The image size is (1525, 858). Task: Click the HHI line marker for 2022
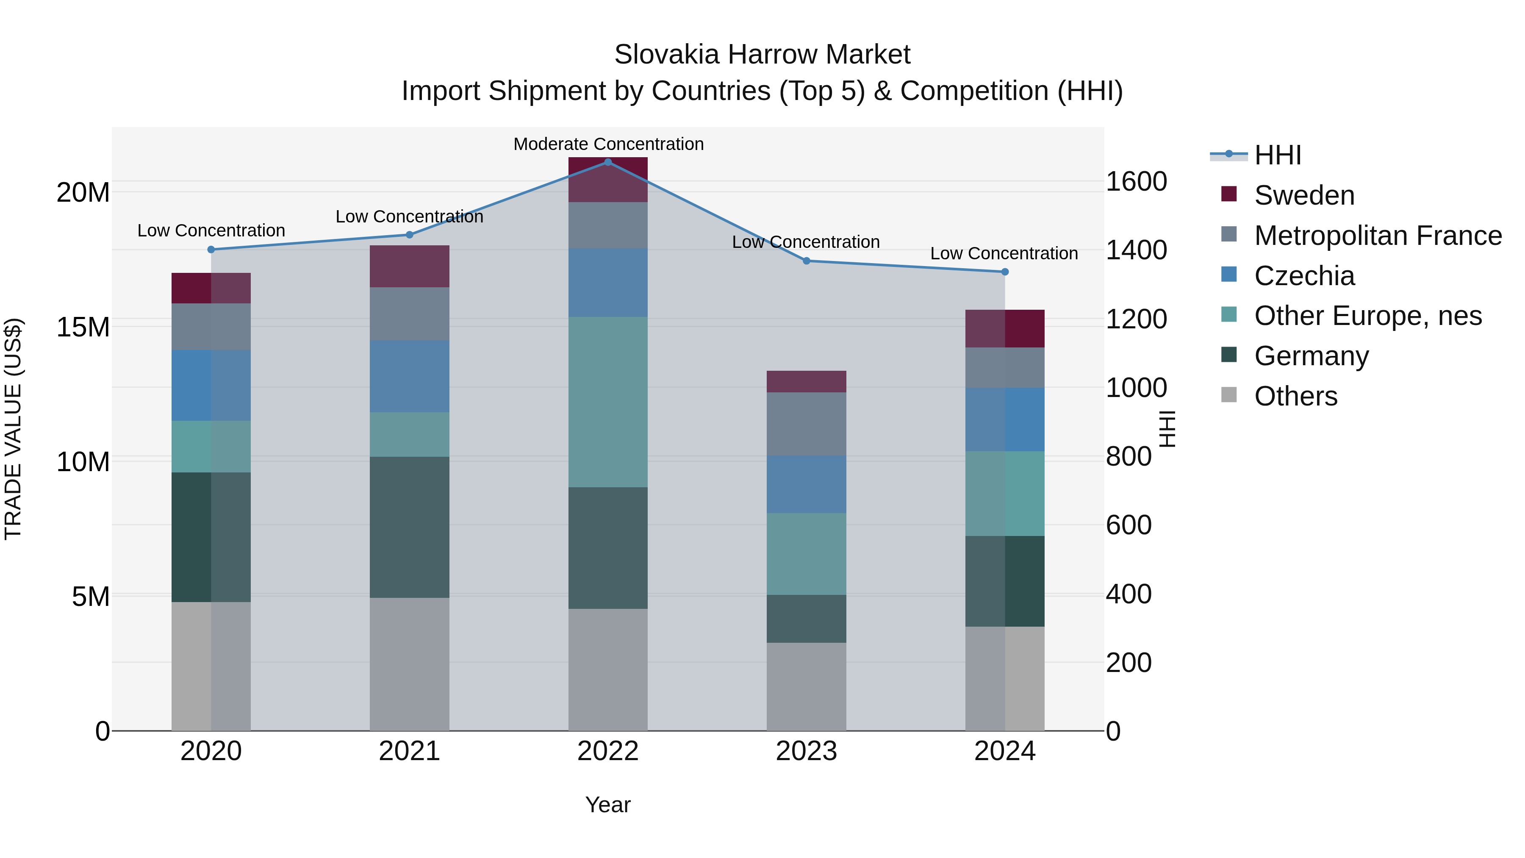click(x=607, y=162)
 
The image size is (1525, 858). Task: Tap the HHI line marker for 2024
click(x=1005, y=272)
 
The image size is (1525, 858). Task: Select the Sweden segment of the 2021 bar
click(x=409, y=267)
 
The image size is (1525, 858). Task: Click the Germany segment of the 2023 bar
click(x=806, y=619)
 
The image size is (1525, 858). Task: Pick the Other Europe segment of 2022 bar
click(x=607, y=402)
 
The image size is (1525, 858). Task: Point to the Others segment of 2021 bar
click(x=409, y=664)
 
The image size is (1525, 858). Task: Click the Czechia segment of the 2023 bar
click(x=806, y=484)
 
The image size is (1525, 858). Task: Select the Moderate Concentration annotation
click(x=608, y=144)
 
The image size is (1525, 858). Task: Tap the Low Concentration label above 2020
click(x=211, y=230)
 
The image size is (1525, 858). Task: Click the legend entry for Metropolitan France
click(x=1377, y=236)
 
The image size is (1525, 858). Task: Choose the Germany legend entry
click(x=1311, y=356)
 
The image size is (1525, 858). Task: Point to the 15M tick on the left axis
click(x=83, y=327)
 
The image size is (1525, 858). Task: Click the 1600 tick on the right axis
click(x=1136, y=181)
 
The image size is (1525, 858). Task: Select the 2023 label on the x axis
click(x=806, y=751)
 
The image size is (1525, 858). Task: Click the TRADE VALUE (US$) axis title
click(x=13, y=429)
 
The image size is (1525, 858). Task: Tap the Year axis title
click(x=607, y=805)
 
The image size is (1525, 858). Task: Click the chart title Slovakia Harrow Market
click(x=762, y=55)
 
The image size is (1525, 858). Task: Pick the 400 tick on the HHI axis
click(x=1128, y=594)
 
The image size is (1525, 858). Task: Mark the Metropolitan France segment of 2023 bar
click(x=806, y=424)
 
